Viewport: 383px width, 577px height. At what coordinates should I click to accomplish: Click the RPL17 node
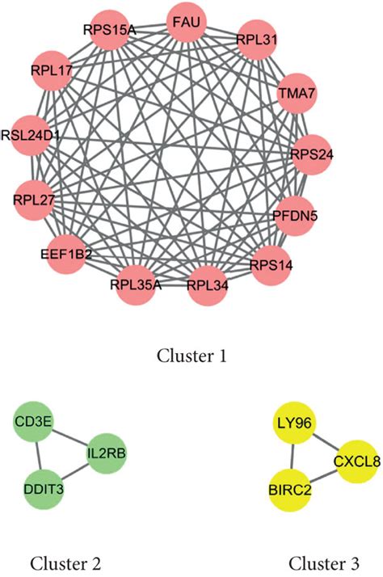pyautogui.click(x=51, y=71)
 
